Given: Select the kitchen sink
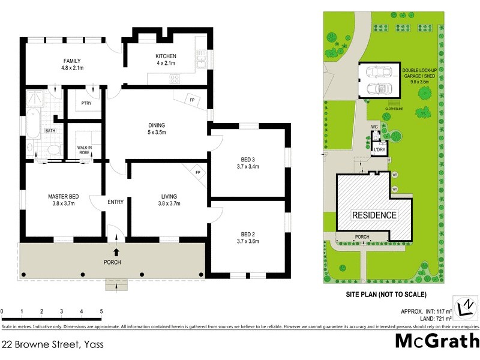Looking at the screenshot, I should tap(202, 59).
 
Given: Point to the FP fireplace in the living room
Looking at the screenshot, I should tap(197, 172).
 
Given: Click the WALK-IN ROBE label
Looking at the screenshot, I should tap(84, 150).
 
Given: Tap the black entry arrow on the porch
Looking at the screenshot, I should tap(116, 252).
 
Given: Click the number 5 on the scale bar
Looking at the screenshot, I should tap(101, 311).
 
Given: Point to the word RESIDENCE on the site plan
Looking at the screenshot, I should tap(374, 215).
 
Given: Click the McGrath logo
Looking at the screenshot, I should tap(436, 341).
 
